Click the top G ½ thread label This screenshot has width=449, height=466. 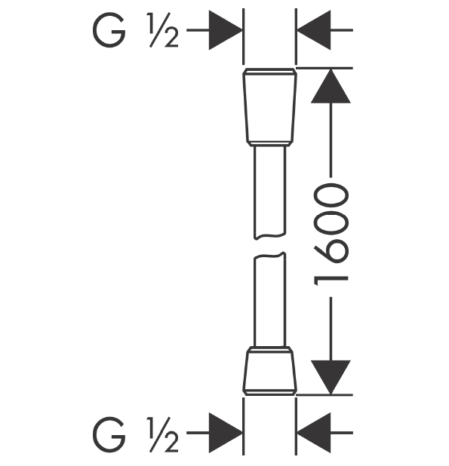click(x=136, y=30)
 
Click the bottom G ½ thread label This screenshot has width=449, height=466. click(x=136, y=434)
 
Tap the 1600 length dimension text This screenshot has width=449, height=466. click(x=331, y=235)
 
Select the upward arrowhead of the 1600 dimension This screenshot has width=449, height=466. click(x=331, y=86)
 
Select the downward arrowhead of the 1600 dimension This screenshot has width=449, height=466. click(x=331, y=378)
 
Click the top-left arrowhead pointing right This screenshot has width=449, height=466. click(x=226, y=30)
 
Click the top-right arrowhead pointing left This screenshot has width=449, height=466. click(x=314, y=30)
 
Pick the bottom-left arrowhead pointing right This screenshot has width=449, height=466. click(x=226, y=433)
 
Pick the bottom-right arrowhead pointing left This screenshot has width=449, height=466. click(x=314, y=433)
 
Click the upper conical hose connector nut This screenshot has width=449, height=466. click(x=270, y=107)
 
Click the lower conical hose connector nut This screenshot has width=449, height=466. click(x=270, y=371)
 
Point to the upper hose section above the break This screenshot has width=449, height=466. click(x=270, y=192)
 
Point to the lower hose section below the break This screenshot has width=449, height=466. click(x=270, y=299)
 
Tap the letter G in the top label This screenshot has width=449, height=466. click(x=109, y=30)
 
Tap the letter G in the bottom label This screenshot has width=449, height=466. click(x=109, y=434)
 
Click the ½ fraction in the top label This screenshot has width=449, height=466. click(x=163, y=30)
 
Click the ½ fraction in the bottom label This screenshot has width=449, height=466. click(x=163, y=434)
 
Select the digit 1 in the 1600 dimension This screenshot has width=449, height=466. click(x=331, y=281)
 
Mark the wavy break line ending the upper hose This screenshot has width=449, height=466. click(x=270, y=237)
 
